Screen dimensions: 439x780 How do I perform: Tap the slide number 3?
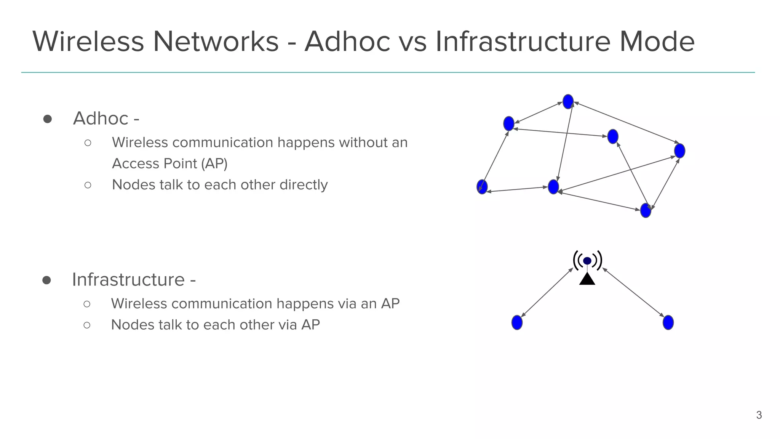pos(759,415)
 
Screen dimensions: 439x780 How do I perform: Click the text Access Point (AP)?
pos(169,163)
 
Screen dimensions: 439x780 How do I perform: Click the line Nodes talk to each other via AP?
pos(215,325)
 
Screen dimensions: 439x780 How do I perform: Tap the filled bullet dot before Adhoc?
pos(48,119)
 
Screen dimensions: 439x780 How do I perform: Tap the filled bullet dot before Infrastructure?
pos(47,280)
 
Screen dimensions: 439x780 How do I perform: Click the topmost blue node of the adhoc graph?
pos(568,102)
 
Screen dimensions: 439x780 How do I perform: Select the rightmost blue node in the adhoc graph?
pos(679,151)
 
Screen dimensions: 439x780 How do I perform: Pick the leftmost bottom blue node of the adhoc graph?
pos(482,187)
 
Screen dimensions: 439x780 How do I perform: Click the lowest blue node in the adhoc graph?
pos(646,210)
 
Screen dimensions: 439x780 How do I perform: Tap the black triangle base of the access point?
pos(587,280)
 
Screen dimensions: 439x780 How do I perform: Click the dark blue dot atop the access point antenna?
pos(587,261)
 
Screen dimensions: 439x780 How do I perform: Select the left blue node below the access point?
pos(517,323)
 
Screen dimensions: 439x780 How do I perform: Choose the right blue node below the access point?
pos(668,323)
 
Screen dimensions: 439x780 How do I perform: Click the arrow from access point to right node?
pos(633,293)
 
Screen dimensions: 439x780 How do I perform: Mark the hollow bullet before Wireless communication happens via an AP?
pos(87,304)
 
